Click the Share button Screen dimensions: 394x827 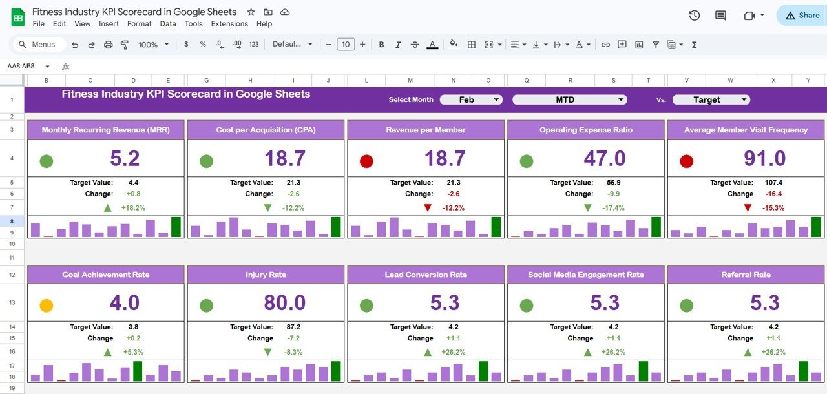click(802, 16)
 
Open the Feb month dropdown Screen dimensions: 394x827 click(471, 99)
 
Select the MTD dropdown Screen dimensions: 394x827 click(569, 99)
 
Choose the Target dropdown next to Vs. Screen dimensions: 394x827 click(711, 99)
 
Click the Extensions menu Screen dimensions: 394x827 click(229, 24)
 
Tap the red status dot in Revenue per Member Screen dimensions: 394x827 click(366, 161)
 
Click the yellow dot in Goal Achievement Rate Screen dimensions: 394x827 click(47, 305)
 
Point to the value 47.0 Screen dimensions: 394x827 click(605, 158)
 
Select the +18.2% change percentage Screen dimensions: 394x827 click(132, 208)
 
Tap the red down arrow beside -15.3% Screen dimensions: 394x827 click(748, 208)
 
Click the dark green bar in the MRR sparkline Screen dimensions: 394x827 click(176, 227)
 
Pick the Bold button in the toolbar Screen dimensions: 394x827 click(381, 45)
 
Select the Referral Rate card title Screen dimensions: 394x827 click(746, 275)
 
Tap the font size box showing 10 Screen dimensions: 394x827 click(346, 45)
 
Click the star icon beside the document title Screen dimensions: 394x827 click(251, 12)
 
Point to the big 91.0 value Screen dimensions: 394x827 click(764, 158)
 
